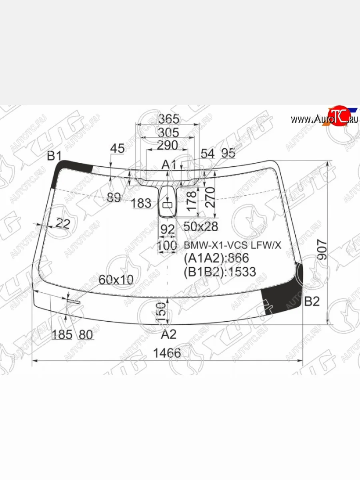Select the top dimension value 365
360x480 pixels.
click(168, 119)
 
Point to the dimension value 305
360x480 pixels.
click(168, 132)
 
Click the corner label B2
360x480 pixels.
click(312, 302)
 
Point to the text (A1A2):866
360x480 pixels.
click(216, 258)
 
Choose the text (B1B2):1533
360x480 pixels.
click(220, 272)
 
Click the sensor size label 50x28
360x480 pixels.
click(200, 227)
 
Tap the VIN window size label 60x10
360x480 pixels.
click(116, 280)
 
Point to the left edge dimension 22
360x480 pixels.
click(62, 224)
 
